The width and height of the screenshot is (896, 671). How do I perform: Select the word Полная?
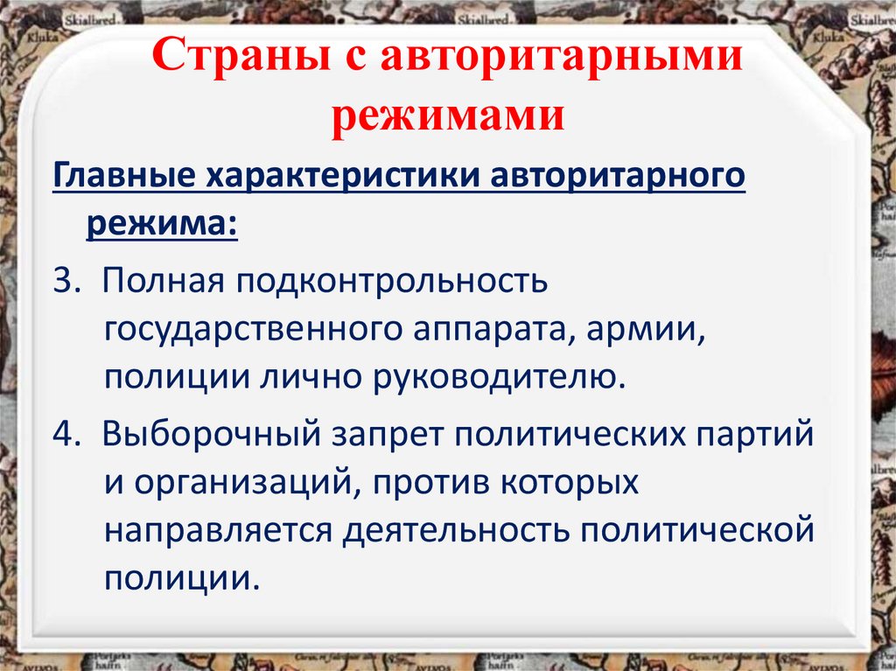[x=157, y=282]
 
